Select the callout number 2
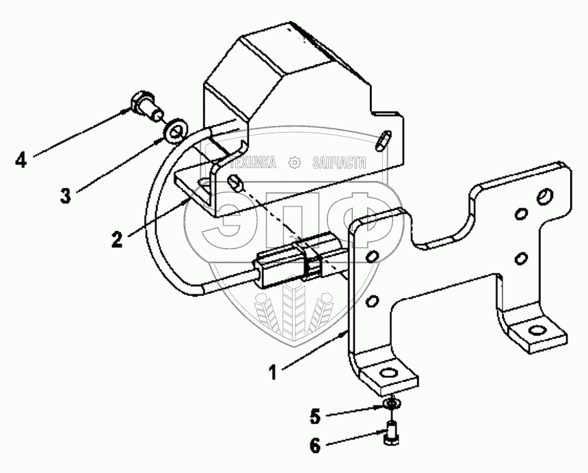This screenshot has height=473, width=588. [x=118, y=239]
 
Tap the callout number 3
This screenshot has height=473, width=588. [x=65, y=196]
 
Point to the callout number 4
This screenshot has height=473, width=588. [x=21, y=161]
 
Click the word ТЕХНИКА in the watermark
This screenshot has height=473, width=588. [x=253, y=163]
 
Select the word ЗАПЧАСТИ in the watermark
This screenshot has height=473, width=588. [x=338, y=163]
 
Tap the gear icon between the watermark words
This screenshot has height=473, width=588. [x=295, y=163]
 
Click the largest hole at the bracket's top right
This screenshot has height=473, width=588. [x=545, y=198]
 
